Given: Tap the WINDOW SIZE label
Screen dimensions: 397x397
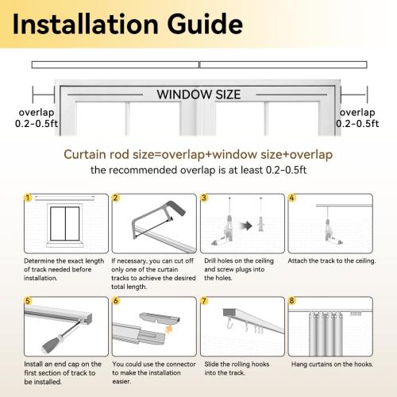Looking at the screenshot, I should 198,94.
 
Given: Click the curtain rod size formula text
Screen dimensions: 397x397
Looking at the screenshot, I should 198,154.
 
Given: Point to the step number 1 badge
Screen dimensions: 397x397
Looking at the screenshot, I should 29,197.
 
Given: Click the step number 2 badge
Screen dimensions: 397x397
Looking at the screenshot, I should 116,197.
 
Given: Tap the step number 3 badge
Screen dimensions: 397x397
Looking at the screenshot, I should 204,197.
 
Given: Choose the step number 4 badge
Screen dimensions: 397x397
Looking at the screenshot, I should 291,197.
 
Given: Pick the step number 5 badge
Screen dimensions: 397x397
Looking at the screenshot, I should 29,301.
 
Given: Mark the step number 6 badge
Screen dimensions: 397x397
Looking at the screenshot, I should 116,301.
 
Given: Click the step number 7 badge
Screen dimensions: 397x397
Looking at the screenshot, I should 204,301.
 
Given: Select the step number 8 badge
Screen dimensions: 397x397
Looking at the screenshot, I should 291,301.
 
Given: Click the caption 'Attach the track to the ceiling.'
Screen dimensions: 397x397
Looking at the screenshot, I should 332,260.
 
